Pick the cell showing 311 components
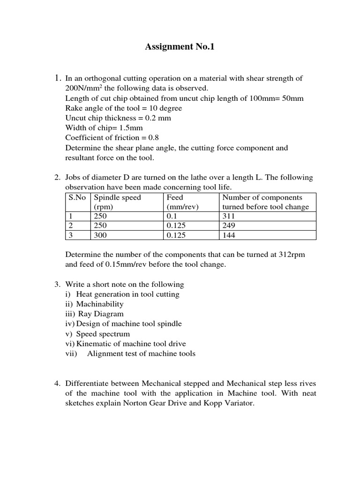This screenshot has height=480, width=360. (229, 216)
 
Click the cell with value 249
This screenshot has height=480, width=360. (229, 225)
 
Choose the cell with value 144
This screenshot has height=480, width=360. (229, 235)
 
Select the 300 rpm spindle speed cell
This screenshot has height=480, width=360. (100, 235)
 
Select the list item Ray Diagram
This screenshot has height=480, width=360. (100, 314)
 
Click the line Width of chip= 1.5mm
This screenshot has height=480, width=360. (104, 127)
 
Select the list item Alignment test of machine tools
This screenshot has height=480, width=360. (141, 353)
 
